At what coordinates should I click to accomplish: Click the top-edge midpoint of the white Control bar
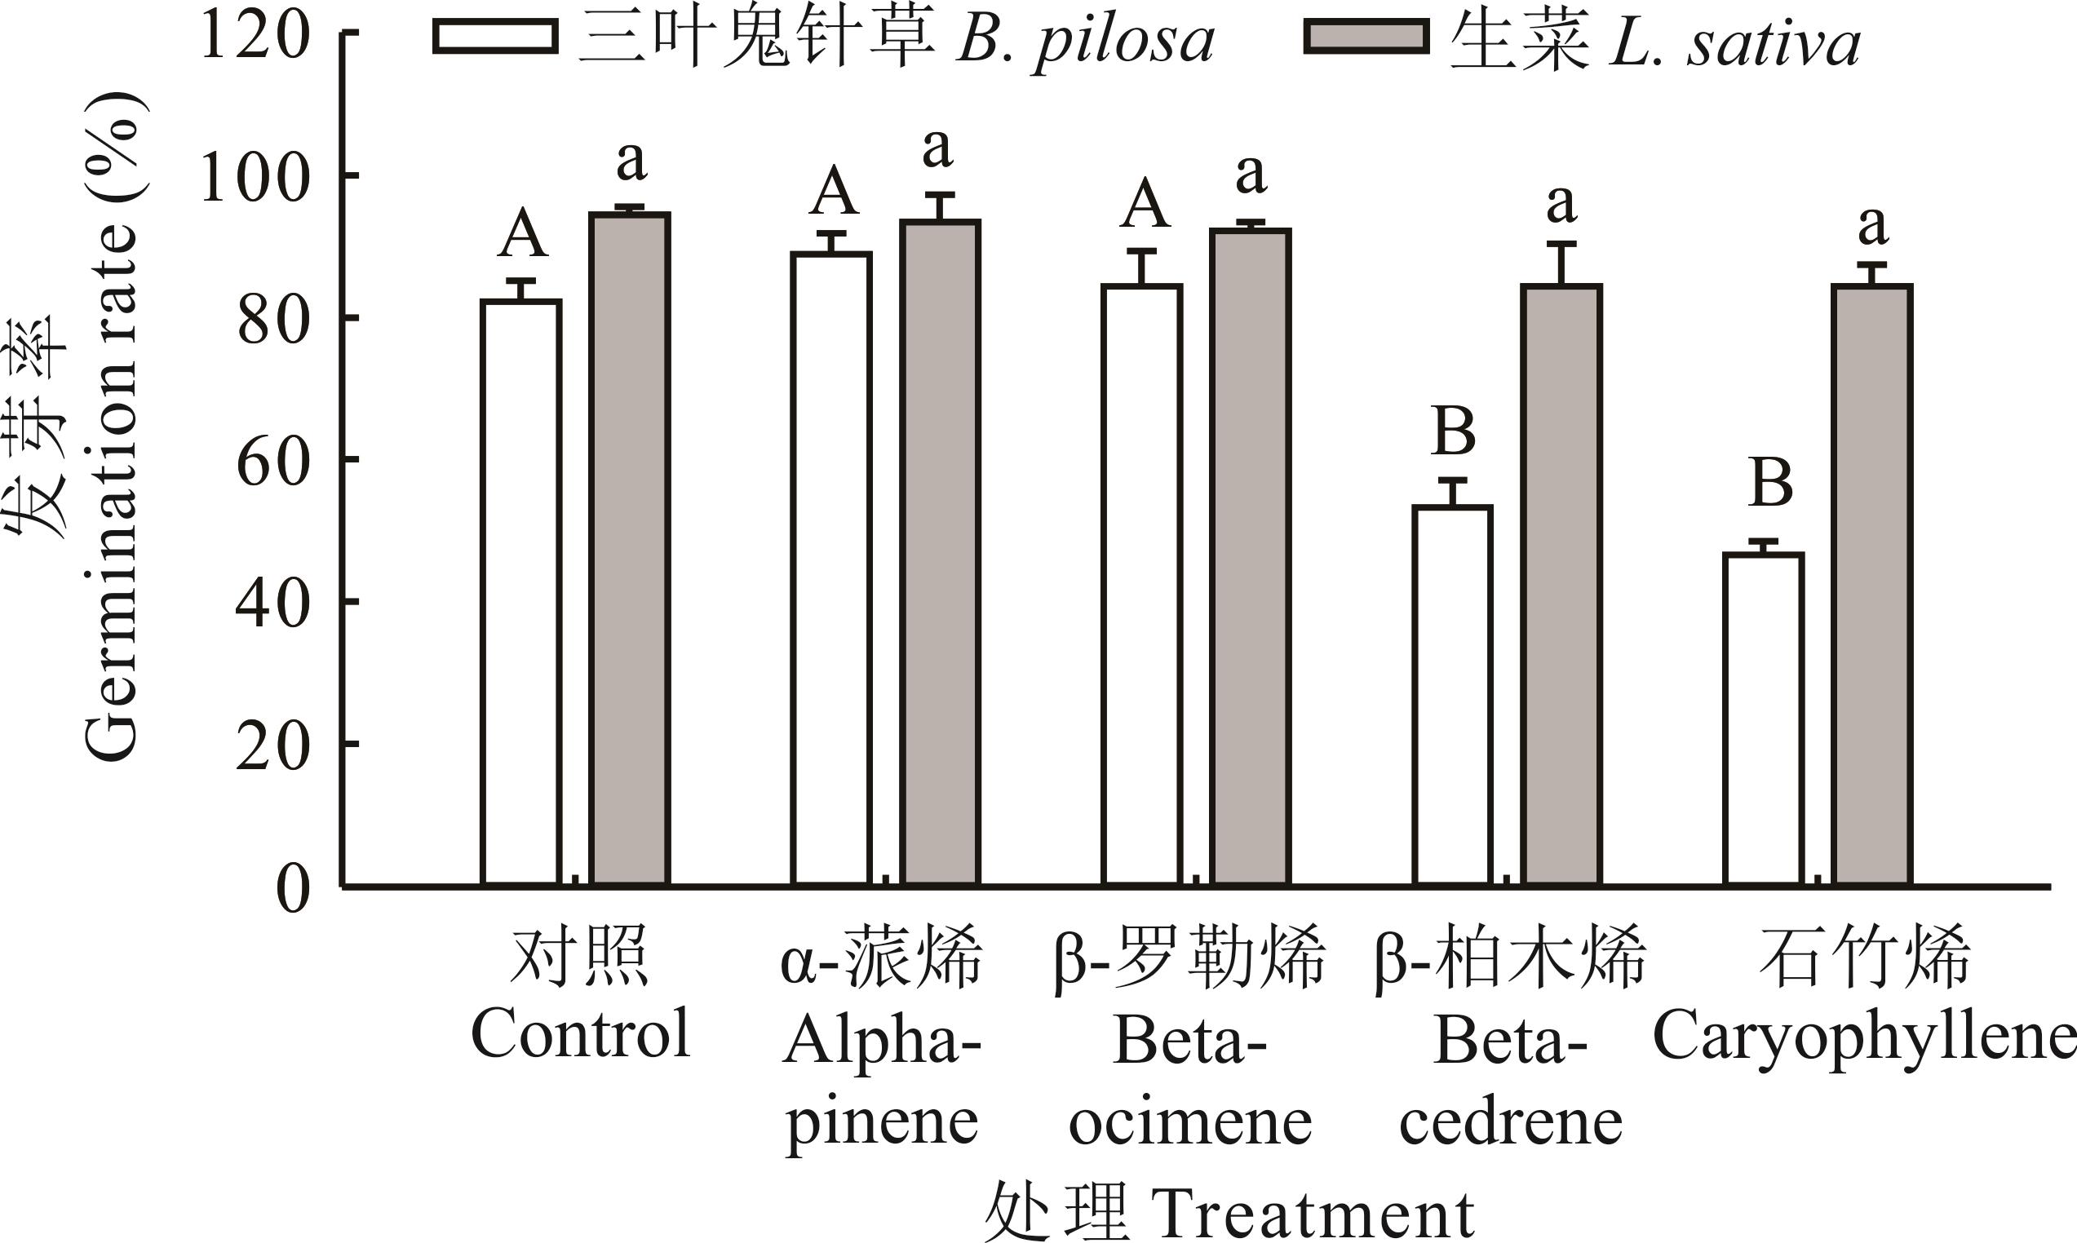(x=521, y=301)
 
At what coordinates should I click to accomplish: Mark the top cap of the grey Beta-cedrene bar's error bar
(x=1561, y=244)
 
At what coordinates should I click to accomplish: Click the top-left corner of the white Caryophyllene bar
(x=1725, y=553)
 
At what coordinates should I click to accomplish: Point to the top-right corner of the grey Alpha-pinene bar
(x=979, y=221)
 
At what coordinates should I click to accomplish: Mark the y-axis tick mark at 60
(x=349, y=459)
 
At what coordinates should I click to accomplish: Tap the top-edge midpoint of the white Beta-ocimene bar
(x=1142, y=286)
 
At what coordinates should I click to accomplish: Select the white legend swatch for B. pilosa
(x=495, y=36)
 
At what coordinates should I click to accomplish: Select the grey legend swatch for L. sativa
(x=1366, y=36)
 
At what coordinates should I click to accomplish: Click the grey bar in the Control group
(x=630, y=549)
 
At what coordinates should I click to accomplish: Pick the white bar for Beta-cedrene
(x=1453, y=695)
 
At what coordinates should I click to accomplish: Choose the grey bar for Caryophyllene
(x=1871, y=586)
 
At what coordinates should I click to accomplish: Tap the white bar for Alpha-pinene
(x=831, y=568)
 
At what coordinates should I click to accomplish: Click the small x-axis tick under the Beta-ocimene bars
(x=1196, y=879)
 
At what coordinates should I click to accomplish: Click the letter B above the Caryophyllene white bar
(x=1771, y=484)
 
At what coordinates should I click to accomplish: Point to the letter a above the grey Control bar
(x=631, y=161)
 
